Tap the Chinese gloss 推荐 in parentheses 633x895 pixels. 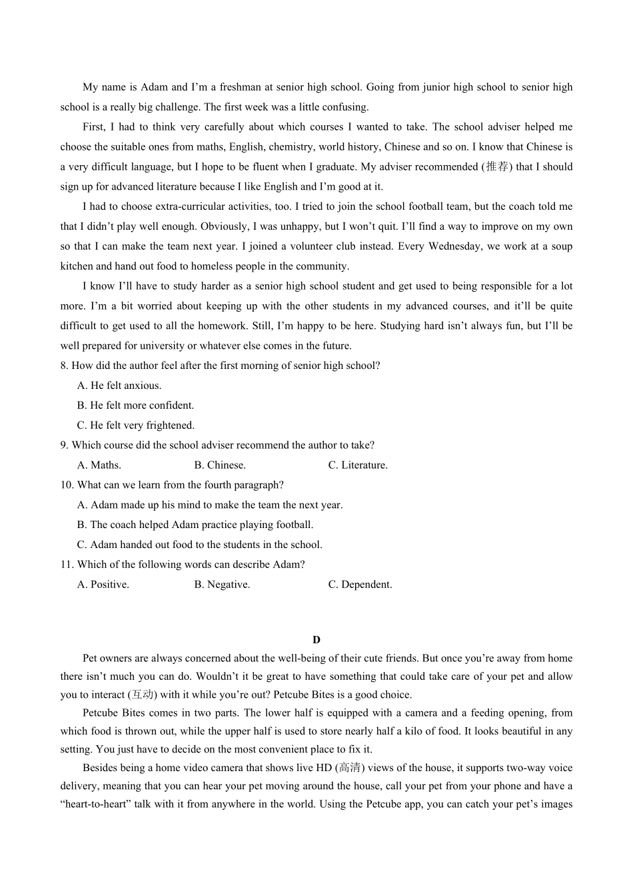click(x=497, y=166)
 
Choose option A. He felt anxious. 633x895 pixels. click(x=119, y=386)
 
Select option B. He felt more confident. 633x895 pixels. click(x=135, y=406)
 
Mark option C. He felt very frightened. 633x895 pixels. click(x=136, y=426)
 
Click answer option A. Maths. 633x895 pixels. click(x=99, y=465)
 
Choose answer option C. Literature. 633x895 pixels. click(x=358, y=465)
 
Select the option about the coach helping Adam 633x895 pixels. click(x=195, y=525)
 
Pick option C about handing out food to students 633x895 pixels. click(x=200, y=545)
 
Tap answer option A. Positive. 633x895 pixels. click(x=103, y=585)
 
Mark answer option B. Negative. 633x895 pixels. click(x=222, y=585)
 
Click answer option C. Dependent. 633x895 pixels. click(x=360, y=585)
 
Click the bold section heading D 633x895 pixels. click(x=316, y=640)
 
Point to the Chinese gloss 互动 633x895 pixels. click(x=142, y=695)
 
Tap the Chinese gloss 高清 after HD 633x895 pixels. click(x=350, y=768)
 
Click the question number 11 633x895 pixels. click(x=67, y=565)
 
